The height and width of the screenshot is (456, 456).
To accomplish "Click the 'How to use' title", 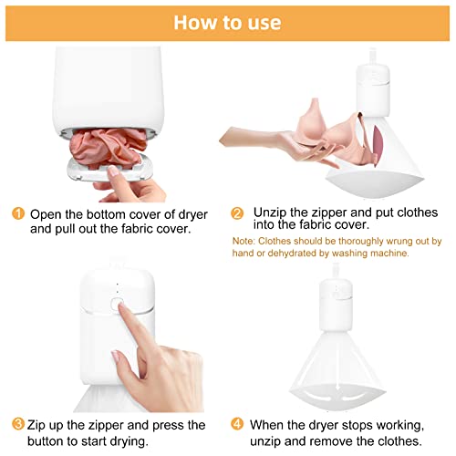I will coord(227,23).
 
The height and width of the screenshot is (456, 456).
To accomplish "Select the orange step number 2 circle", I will coord(237,213).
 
